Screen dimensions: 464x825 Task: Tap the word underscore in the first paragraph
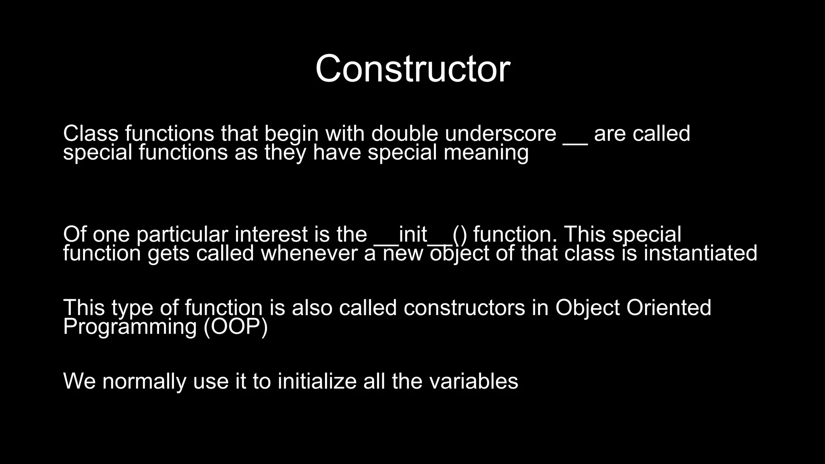point(500,134)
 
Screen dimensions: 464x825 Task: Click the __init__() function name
point(421,235)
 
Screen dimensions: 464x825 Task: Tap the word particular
point(182,235)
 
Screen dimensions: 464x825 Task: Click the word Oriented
point(669,308)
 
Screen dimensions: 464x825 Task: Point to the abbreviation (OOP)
point(236,327)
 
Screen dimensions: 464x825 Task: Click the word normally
point(144,381)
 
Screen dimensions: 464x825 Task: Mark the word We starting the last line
point(79,381)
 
